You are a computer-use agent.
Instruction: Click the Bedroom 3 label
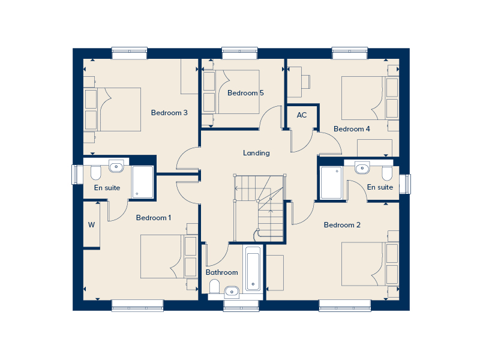(x=169, y=113)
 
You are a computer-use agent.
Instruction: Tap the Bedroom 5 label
(x=245, y=93)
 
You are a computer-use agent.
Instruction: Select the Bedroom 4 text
(x=352, y=129)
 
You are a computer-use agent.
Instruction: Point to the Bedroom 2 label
(x=342, y=225)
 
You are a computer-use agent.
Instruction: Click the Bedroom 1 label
(x=154, y=218)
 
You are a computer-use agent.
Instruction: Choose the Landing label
(x=256, y=153)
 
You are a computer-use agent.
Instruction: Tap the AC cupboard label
(x=302, y=115)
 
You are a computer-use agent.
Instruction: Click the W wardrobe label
(x=91, y=226)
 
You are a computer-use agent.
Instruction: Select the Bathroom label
(x=221, y=272)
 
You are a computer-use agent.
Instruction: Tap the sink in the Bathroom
(x=232, y=292)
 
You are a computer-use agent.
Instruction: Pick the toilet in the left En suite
(x=95, y=173)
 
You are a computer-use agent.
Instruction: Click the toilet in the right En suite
(x=387, y=173)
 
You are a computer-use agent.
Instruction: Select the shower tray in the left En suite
(x=143, y=182)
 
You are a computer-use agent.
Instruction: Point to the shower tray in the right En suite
(x=331, y=183)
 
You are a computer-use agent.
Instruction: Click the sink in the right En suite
(x=364, y=167)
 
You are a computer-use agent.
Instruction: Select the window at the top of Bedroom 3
(x=129, y=53)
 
